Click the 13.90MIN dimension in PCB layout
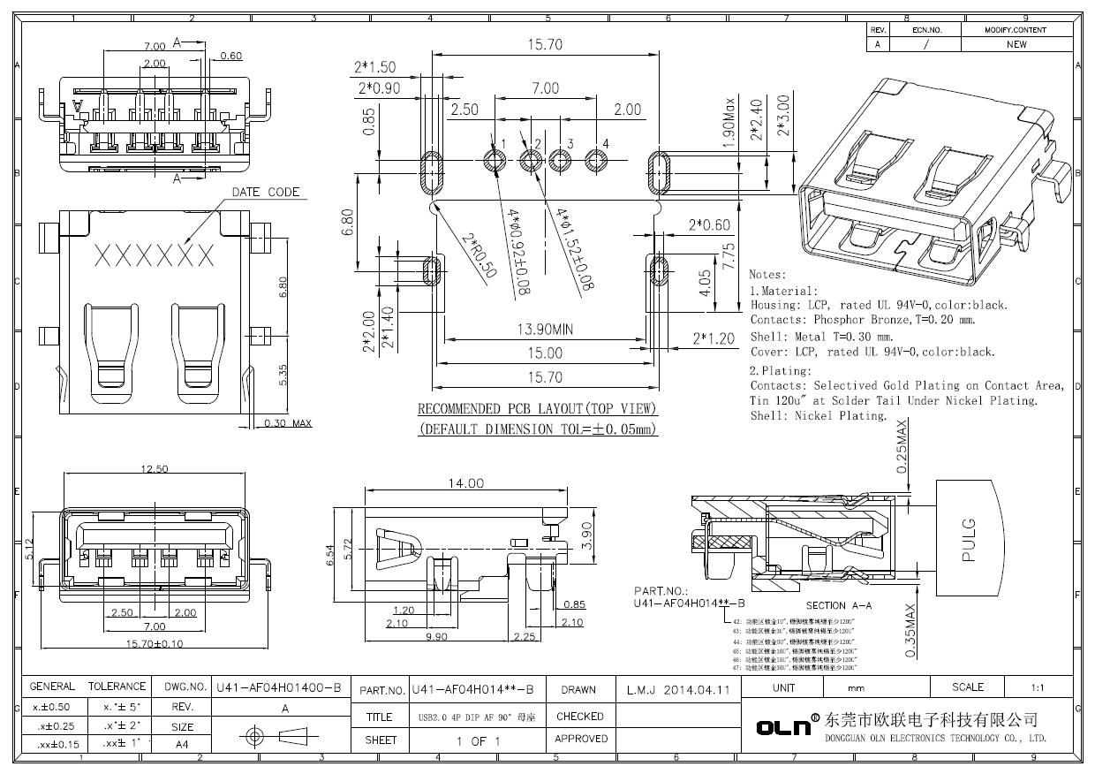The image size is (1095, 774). pos(545,330)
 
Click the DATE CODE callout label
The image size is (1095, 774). pos(266,192)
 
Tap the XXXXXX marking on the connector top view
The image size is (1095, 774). pos(154,256)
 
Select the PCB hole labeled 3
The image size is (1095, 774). pos(561,161)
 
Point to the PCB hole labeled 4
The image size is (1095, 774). pos(597,161)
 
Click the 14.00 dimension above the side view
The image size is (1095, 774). pos(465,483)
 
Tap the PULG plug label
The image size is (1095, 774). pos(968,540)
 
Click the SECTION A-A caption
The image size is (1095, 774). pos(839,605)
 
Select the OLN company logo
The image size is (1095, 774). pos(783,727)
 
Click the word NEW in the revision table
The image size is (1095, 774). pos(1016,44)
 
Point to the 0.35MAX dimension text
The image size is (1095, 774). pos(910,630)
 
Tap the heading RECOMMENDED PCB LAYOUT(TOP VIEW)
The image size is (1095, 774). pos(537,409)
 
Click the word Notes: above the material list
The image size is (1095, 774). pos(767,276)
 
